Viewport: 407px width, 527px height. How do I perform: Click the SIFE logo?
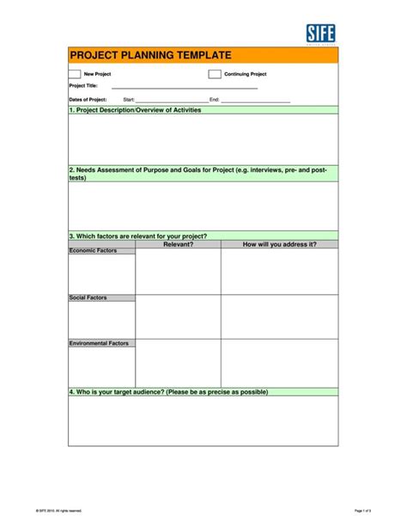(x=321, y=34)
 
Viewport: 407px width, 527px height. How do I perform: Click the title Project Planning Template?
(x=150, y=56)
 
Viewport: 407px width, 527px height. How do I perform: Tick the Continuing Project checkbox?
(x=215, y=74)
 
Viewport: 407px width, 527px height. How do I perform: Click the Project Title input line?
(x=184, y=87)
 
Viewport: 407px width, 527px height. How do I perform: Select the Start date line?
(x=172, y=101)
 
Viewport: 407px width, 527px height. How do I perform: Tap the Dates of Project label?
(x=88, y=100)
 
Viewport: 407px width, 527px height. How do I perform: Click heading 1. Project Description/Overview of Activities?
(x=135, y=110)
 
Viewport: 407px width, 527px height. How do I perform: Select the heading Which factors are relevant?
(x=137, y=236)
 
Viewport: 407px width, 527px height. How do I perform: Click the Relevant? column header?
(x=178, y=244)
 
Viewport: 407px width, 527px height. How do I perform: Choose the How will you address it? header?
(x=279, y=244)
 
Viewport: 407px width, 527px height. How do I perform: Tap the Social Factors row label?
(x=88, y=297)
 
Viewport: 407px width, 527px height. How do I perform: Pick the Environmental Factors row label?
(x=99, y=343)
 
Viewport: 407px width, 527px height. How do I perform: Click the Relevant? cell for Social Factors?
(x=178, y=316)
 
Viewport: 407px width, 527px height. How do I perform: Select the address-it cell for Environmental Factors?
(x=279, y=363)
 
